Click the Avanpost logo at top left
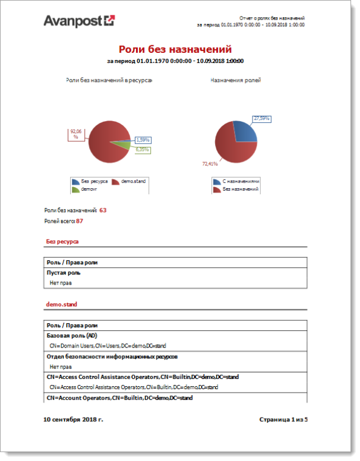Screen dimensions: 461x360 [79, 21]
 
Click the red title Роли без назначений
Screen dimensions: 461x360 [175, 49]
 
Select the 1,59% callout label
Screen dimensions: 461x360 [143, 140]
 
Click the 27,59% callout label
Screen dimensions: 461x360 [261, 119]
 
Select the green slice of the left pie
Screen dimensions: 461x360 [123, 144]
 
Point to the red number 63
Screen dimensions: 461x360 [103, 210]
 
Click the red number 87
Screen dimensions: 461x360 [80, 221]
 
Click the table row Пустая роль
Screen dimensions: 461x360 [64, 273]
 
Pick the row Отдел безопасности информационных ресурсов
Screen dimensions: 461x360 [112, 356]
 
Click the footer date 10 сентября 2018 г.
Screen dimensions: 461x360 [74, 419]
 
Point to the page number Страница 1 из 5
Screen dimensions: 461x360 [284, 419]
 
